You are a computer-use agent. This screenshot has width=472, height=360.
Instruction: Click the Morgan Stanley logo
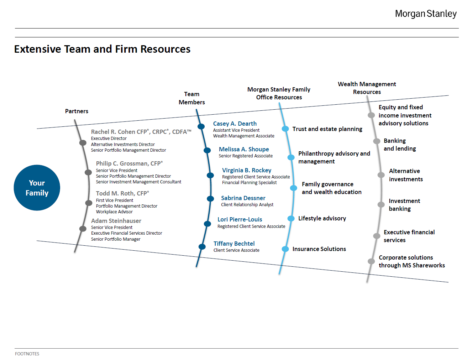pos(426,14)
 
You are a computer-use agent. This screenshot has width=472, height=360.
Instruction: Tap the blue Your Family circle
pos(37,188)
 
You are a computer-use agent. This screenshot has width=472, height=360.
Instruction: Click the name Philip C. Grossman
pos(122,163)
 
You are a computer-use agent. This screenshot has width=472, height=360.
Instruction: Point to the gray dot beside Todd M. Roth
pos(89,203)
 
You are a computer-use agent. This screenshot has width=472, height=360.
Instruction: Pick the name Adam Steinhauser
pos(116,221)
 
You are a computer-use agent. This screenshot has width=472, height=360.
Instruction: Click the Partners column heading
pos(77,111)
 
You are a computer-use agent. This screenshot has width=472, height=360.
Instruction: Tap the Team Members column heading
pos(192,98)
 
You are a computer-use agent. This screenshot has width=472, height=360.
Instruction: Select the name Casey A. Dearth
pos(235,124)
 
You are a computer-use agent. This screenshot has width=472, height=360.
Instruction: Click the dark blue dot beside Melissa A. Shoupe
pos(207,150)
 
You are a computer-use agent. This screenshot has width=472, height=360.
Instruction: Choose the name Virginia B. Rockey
pos(247,170)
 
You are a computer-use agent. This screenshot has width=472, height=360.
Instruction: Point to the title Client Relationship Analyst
pos(247,204)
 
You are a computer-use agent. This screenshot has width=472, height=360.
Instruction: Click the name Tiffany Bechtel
pos(234,244)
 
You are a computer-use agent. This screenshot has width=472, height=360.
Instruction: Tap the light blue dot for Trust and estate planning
pos(285,129)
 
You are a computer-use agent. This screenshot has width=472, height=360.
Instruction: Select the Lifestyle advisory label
pos(322,219)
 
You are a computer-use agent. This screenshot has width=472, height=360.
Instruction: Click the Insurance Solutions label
pos(319,249)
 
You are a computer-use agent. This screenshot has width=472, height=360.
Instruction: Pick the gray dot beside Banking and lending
pos(377,141)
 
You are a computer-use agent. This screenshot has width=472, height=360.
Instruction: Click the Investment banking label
pos(404,205)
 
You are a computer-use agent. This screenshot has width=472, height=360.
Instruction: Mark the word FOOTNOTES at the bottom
pos(27,354)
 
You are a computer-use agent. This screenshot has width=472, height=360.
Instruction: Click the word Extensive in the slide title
pos(38,49)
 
